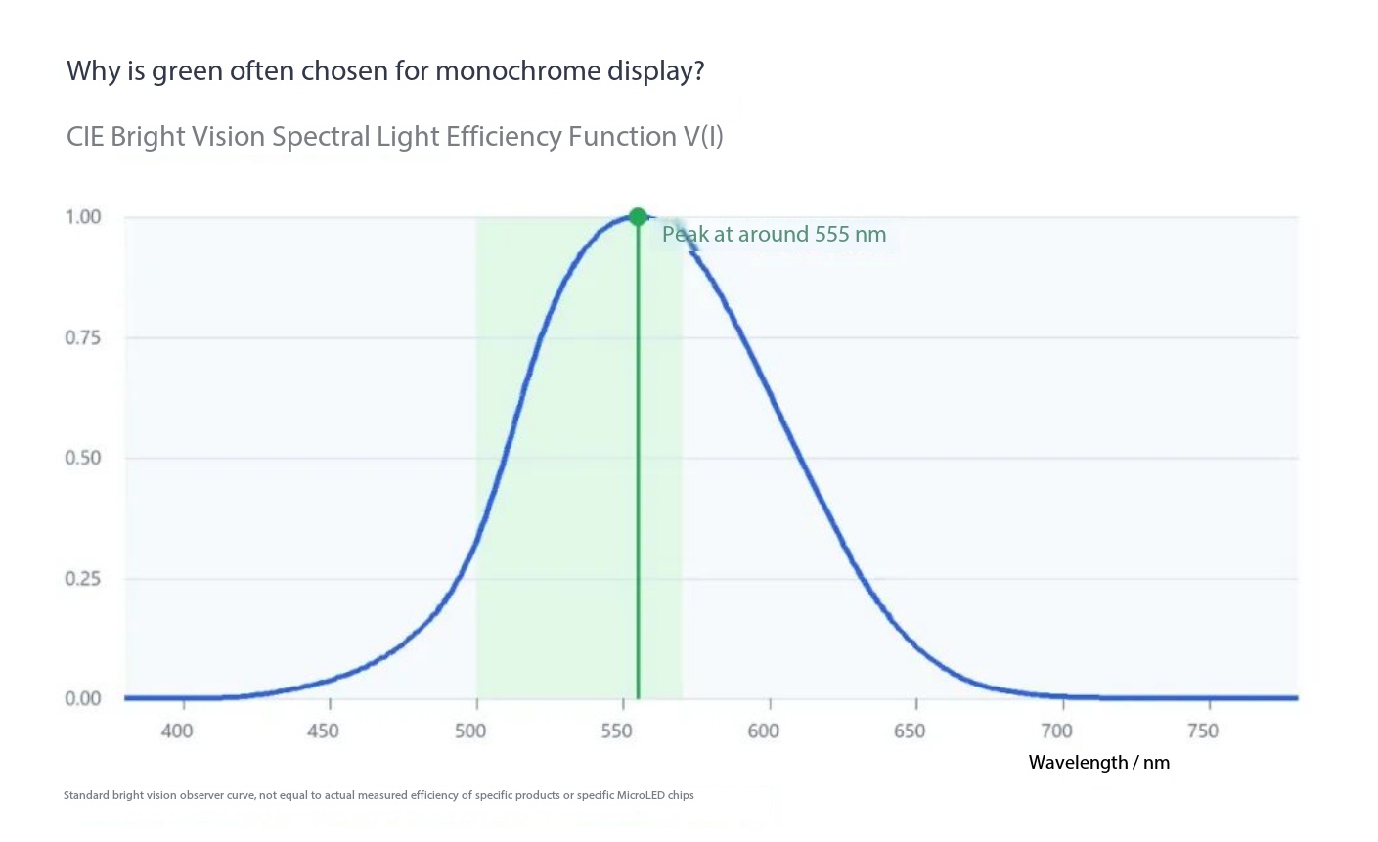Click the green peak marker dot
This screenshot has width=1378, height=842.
coord(638,216)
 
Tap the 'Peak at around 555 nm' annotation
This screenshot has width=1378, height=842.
coord(774,234)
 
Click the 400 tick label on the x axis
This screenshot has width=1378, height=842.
coord(177,731)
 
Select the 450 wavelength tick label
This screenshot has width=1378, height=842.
coord(323,731)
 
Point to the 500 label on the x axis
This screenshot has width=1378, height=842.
coord(470,731)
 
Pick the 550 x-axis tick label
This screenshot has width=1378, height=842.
coord(616,731)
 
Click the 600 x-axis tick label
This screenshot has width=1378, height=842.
coord(764,731)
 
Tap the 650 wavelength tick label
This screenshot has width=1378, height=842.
coord(910,731)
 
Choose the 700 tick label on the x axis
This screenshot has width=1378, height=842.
coord(1056,731)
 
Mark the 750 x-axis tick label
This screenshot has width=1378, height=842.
coord(1203,731)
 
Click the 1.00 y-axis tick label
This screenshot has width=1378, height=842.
coord(83,216)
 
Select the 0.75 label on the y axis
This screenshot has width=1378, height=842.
coord(83,337)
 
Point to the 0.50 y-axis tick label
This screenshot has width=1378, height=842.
coord(83,459)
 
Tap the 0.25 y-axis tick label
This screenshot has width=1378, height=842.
coord(83,579)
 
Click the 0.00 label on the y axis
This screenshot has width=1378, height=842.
coord(83,698)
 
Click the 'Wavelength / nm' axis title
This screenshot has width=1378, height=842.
coord(1098,763)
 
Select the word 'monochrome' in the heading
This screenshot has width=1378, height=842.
coord(518,70)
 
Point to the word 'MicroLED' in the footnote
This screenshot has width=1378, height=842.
coord(642,795)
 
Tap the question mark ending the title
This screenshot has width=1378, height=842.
coord(697,70)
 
